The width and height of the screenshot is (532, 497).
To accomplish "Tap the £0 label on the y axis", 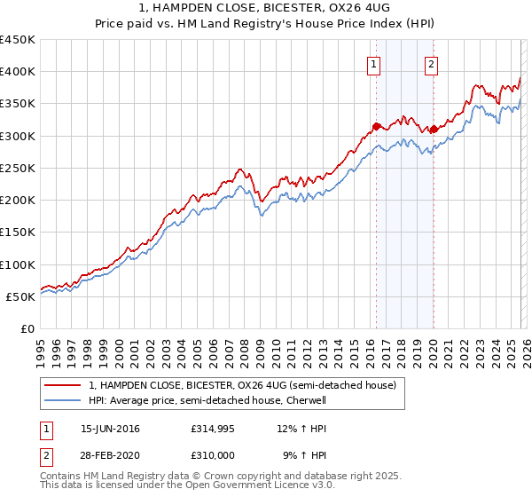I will (27, 329).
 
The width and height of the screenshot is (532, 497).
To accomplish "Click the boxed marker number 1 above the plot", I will (374, 64).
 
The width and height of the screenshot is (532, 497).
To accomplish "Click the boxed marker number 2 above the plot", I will (432, 64).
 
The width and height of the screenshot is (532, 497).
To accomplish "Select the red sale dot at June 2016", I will (375, 126).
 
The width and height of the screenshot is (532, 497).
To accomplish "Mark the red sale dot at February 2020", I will (433, 129).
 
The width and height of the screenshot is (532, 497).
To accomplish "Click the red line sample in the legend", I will (63, 385).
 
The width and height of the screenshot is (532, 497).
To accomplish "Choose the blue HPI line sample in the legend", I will (63, 400).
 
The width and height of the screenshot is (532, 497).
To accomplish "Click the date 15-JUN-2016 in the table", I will (110, 429).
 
